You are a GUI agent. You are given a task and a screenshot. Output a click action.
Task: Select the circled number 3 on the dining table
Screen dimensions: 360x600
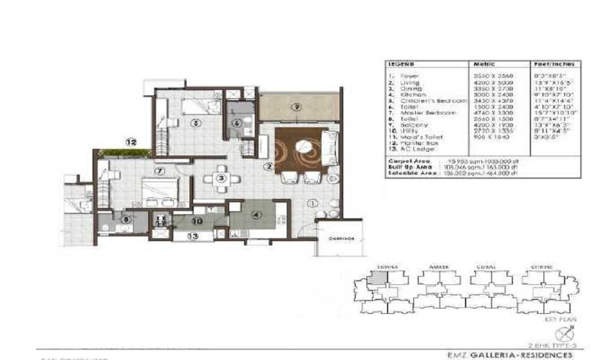pos(221,178)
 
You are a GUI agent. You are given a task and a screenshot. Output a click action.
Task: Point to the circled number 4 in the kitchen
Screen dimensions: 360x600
pos(257,214)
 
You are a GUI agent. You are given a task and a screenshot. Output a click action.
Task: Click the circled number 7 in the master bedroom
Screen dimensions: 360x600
pos(159,171)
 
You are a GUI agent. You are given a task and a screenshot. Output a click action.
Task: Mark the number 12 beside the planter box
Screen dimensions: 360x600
pos(131,143)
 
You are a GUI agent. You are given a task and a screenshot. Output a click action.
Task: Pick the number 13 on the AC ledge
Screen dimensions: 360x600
pos(192,236)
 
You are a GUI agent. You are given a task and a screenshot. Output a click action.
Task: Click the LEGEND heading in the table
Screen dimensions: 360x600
pos(400,64)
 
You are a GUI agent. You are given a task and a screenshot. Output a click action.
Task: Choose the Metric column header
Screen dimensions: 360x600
pos(484,64)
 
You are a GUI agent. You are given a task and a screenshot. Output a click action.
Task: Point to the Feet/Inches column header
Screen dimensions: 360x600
pos(554,64)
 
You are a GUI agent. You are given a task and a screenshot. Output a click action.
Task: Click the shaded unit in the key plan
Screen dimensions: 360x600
pos(378,277)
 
